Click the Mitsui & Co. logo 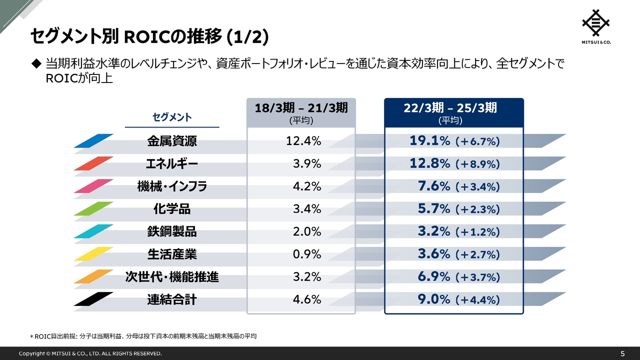click(x=596, y=26)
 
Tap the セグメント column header click(x=172, y=117)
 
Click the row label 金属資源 click(x=172, y=141)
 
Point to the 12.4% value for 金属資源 click(x=303, y=141)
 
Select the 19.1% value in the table click(x=430, y=141)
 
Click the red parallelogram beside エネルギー click(x=93, y=163)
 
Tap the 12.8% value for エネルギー click(x=430, y=164)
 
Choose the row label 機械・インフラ click(x=172, y=186)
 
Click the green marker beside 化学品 click(x=93, y=208)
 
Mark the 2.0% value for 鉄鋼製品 click(x=306, y=231)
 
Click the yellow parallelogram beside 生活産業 click(x=93, y=254)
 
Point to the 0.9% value click(x=306, y=254)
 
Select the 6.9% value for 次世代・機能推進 click(x=434, y=277)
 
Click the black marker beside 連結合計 click(x=93, y=299)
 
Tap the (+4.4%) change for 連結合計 click(x=477, y=300)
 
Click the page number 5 click(x=622, y=353)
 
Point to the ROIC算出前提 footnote click(x=143, y=336)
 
